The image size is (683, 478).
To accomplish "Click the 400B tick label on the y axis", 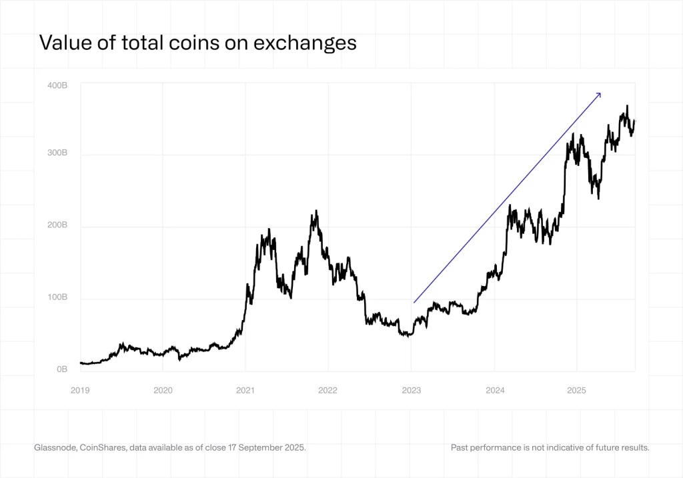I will (x=57, y=85).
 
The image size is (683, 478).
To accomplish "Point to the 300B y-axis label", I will (x=57, y=153).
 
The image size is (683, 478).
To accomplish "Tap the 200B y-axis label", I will (x=57, y=225).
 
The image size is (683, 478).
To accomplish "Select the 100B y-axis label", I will (x=57, y=298).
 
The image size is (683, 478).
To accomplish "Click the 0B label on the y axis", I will (x=61, y=369).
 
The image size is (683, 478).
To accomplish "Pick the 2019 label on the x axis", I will (x=80, y=390).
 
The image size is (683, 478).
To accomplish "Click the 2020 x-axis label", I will (x=163, y=390).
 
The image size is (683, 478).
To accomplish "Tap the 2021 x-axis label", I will (x=245, y=390).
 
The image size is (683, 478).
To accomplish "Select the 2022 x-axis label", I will (x=327, y=390).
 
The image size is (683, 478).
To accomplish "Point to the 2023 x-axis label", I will (x=411, y=390).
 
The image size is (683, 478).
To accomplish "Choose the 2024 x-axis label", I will (x=494, y=390).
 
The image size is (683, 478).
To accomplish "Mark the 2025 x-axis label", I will (x=576, y=390).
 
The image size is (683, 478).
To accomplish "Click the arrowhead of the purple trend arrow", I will (x=599, y=95).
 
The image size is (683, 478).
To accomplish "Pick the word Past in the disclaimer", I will (x=461, y=447).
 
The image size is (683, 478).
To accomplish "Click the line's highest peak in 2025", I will (x=627, y=106).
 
